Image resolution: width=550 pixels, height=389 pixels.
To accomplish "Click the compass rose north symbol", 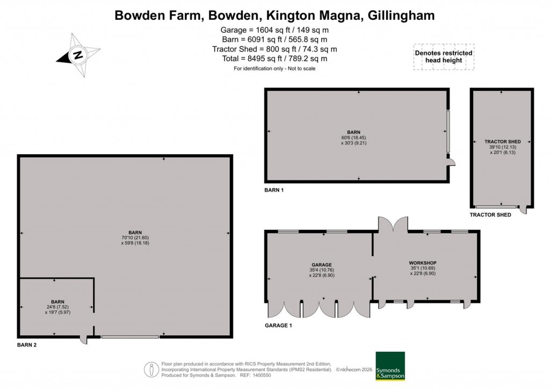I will pyautogui.click(x=78, y=55).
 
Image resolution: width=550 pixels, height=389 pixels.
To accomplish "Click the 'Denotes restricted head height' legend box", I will pyautogui.click(x=443, y=57).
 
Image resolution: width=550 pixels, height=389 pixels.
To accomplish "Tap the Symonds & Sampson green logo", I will pyautogui.click(x=390, y=366).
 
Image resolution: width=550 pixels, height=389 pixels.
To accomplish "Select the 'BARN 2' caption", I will pyautogui.click(x=26, y=345).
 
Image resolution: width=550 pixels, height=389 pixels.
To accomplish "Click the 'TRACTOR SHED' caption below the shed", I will pyautogui.click(x=490, y=215).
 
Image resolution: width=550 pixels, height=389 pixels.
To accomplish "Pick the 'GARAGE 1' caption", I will pyautogui.click(x=279, y=326).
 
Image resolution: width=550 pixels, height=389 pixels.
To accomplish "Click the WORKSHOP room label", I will pyautogui.click(x=423, y=262).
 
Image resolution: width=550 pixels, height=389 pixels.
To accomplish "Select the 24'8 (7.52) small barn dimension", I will pyautogui.click(x=58, y=307).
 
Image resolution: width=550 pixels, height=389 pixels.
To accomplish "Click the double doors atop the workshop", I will pyautogui.click(x=393, y=225).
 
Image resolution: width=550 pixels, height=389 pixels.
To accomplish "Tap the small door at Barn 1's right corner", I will pyautogui.click(x=452, y=162).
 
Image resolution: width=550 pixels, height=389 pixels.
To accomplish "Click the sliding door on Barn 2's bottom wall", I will pyautogui.click(x=129, y=337).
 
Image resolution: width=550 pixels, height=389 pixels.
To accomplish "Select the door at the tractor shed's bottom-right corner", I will pyautogui.click(x=524, y=210).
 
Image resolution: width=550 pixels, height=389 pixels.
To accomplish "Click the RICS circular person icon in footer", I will pyautogui.click(x=153, y=370).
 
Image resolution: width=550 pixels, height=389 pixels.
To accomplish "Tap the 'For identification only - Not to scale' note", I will pyautogui.click(x=274, y=69).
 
